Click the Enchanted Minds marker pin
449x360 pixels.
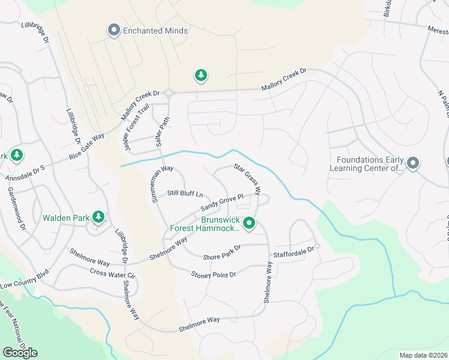point(113,30)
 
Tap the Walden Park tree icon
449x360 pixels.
point(98,217)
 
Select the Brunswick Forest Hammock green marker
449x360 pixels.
point(249,224)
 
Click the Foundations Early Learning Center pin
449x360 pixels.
point(412,163)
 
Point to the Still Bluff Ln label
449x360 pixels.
point(185,193)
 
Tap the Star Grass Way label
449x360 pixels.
point(247,179)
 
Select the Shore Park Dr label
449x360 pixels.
point(222,253)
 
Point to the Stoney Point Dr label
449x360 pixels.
point(214,274)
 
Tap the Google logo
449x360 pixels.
point(20,353)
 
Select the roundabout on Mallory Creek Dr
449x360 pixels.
point(169,93)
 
